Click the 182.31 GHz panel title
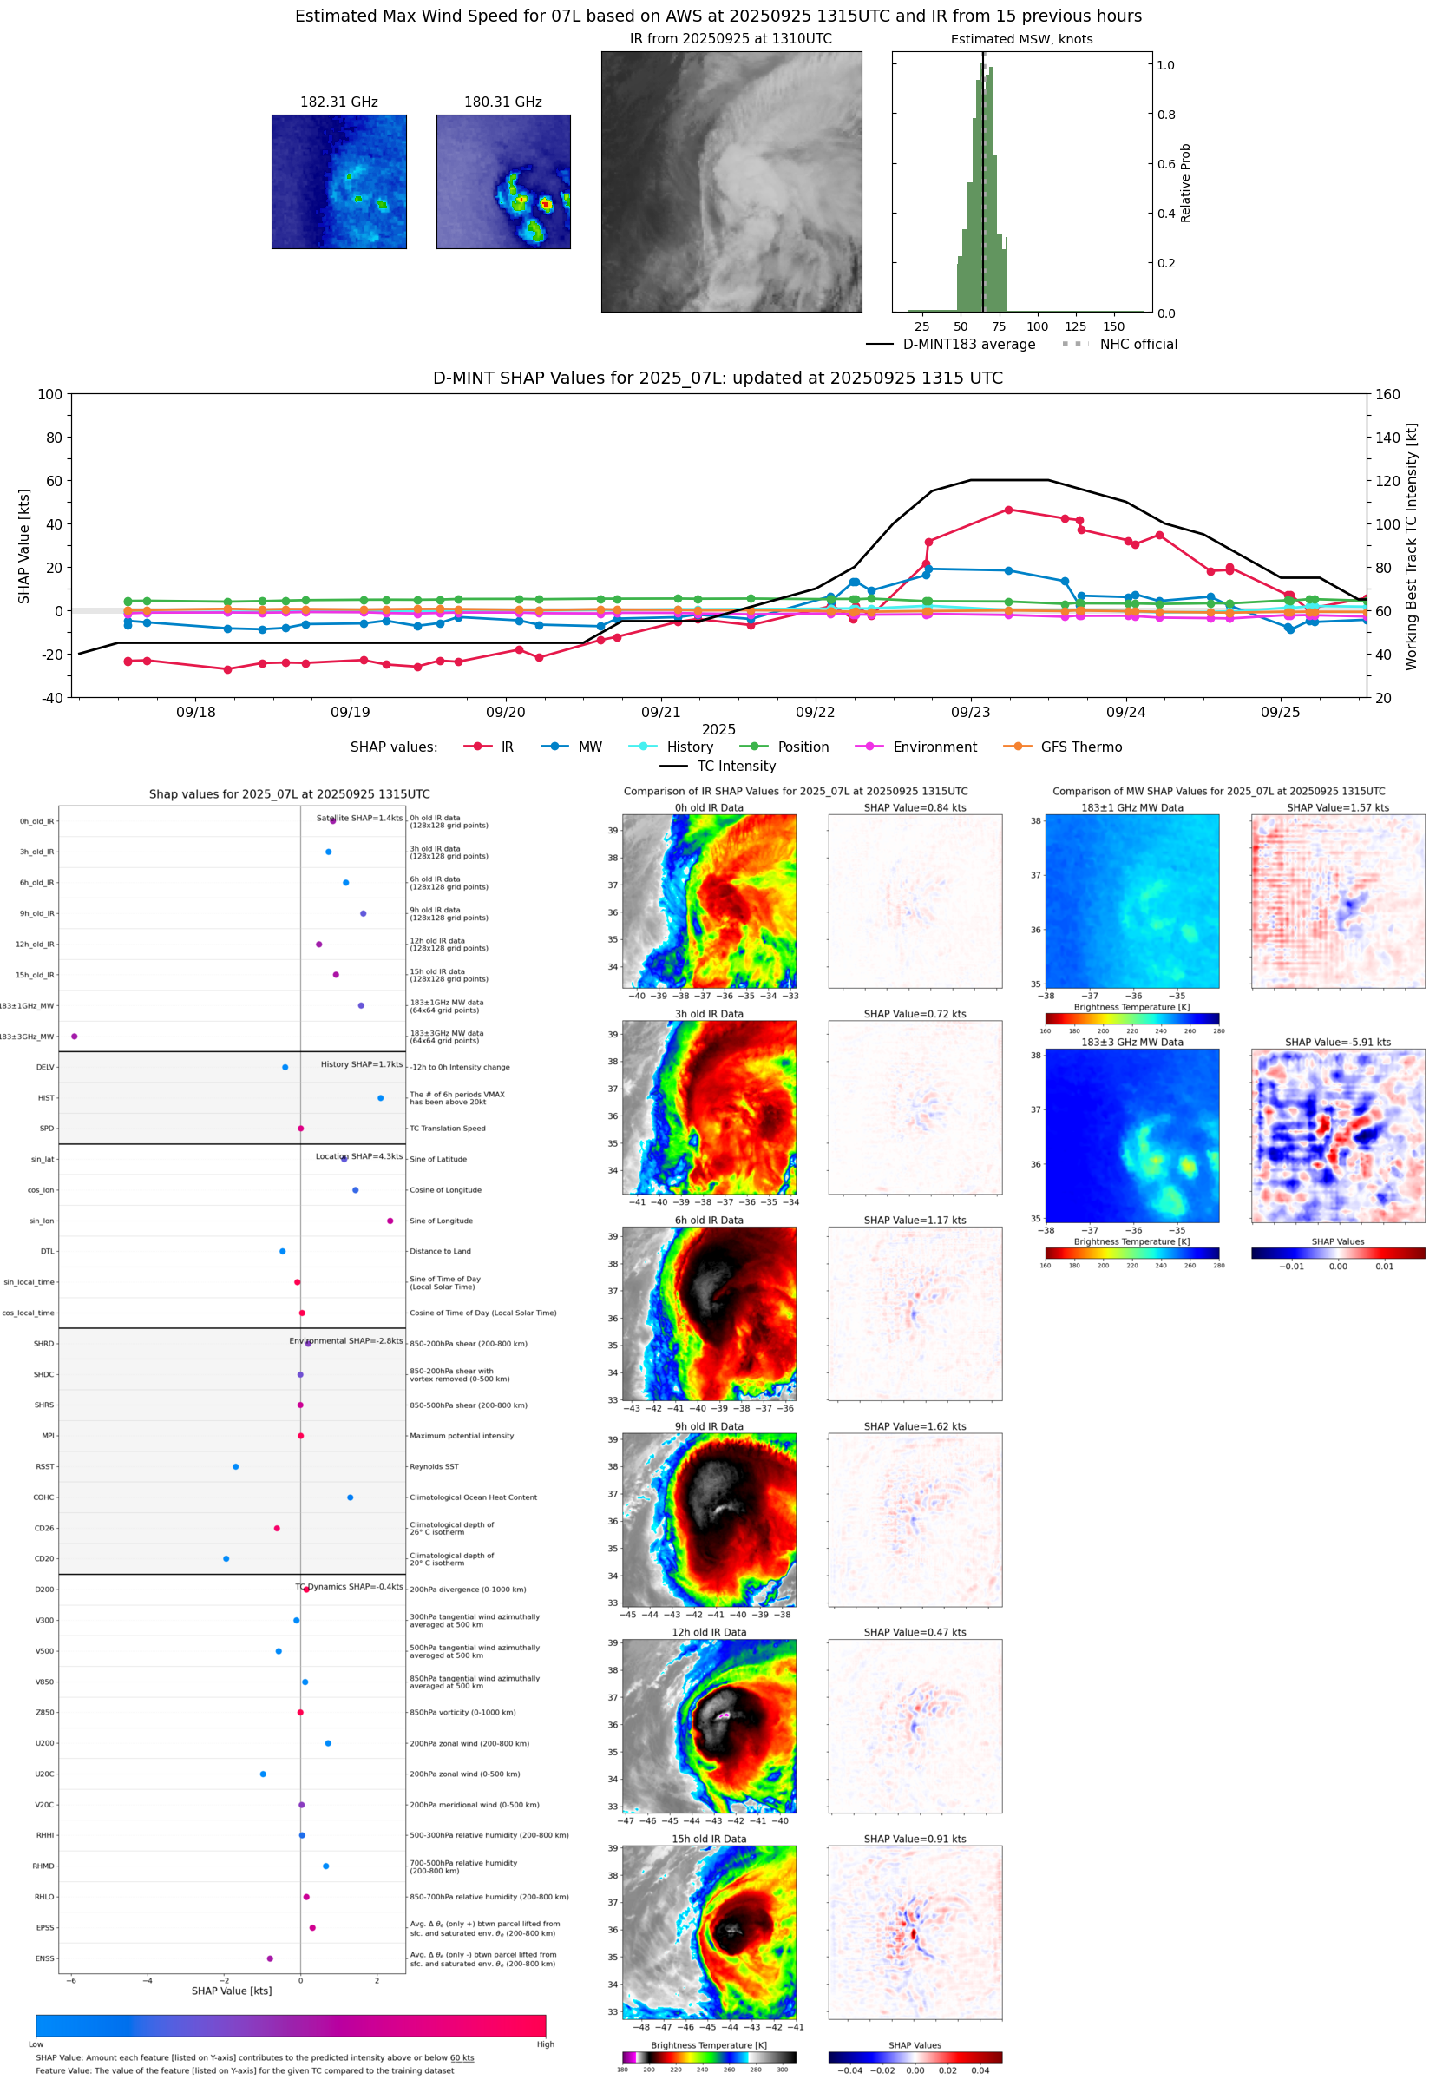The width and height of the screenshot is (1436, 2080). tap(338, 102)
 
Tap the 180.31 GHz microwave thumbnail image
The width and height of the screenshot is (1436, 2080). tap(503, 181)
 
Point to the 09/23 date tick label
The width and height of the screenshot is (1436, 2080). tap(970, 712)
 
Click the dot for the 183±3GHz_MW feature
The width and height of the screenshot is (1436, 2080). tap(75, 1036)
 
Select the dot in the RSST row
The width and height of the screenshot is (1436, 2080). tap(236, 1466)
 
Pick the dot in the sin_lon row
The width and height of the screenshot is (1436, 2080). tap(390, 1221)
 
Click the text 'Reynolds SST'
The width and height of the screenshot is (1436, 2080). tap(434, 1466)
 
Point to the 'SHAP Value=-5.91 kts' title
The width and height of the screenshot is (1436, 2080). tap(1337, 1043)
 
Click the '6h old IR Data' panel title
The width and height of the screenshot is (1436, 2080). tap(709, 1221)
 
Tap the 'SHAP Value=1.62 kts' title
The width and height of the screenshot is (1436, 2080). tap(915, 1426)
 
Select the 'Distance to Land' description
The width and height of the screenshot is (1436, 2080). tap(440, 1251)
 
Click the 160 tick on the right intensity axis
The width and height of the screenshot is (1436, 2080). tap(1387, 394)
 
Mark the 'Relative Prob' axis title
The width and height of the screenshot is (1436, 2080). tap(1185, 182)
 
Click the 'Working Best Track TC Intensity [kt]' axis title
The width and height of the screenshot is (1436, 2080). tap(1411, 545)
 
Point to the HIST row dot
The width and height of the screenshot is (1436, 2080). tap(381, 1098)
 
